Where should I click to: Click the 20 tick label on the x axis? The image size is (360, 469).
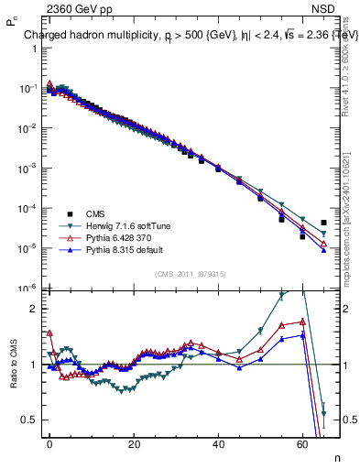[x=134, y=442]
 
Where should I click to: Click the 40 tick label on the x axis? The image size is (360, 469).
[x=218, y=442]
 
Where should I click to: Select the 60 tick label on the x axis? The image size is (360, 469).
[x=302, y=442]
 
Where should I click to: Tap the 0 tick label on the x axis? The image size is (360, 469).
[x=49, y=442]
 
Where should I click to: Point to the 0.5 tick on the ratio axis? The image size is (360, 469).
[x=27, y=420]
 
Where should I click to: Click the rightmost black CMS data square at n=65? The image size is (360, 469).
[x=323, y=223]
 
